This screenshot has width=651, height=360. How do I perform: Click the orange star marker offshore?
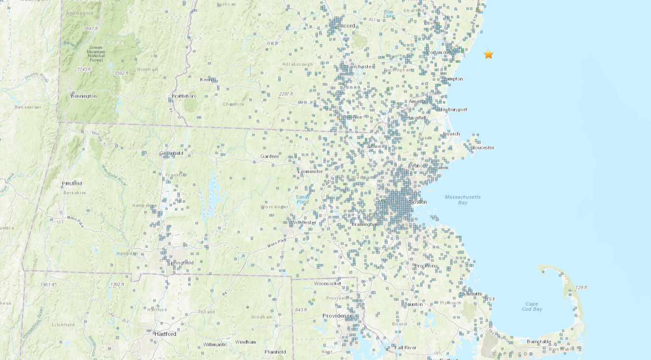tap(488, 54)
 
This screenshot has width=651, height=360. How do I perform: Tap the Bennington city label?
tap(84, 96)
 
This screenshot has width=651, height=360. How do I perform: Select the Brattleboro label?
tap(184, 96)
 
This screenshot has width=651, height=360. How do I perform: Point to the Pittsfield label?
tap(72, 184)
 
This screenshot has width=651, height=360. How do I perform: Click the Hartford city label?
tap(165, 334)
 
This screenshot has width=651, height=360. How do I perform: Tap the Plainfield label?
tap(275, 352)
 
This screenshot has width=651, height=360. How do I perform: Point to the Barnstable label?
tap(538, 342)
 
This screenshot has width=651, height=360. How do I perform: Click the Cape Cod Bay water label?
tap(532, 306)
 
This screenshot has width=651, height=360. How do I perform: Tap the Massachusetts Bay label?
tap(463, 199)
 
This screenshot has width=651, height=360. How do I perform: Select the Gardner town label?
tap(269, 156)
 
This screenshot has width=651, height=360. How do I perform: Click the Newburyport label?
tap(452, 110)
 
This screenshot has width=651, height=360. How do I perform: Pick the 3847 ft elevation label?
tap(90, 29)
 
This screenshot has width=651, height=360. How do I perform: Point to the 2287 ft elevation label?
tap(285, 94)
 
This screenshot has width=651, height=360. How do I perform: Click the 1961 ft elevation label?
tap(48, 285)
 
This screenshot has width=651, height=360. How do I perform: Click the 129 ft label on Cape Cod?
tap(581, 287)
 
